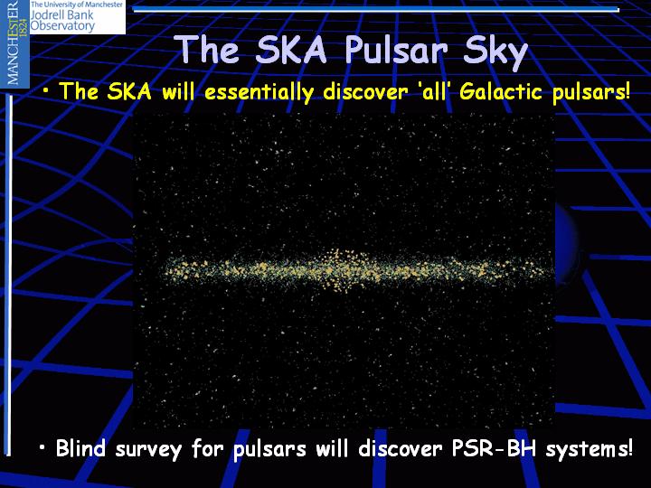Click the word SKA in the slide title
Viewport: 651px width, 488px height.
290,49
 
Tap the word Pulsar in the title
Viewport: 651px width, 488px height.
395,51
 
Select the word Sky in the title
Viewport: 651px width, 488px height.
495,52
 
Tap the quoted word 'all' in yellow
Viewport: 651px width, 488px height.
433,91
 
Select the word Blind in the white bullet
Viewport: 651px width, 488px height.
80,448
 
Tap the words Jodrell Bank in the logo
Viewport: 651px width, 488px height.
61,15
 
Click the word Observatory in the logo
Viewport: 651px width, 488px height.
62,25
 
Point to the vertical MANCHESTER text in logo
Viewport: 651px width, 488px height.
13,42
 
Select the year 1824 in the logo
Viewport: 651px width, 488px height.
24,26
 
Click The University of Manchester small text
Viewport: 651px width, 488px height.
77,5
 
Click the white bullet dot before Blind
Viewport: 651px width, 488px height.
42,447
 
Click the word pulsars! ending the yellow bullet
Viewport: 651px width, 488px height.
591,92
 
